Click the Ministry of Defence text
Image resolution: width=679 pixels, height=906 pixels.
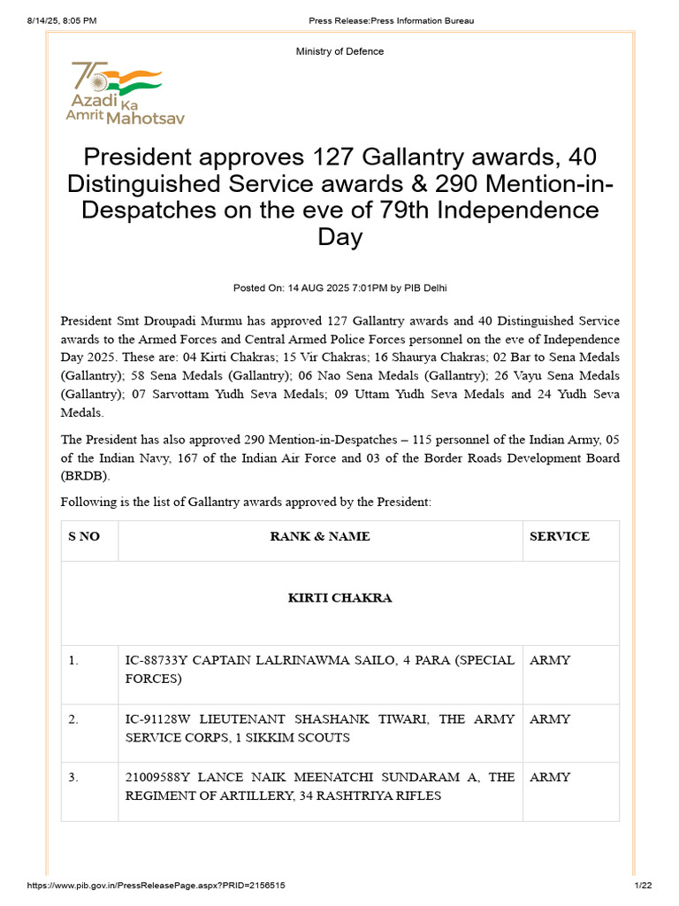tap(339, 51)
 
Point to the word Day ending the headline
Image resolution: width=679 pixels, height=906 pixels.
tap(339, 237)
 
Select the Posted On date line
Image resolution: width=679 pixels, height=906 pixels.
tap(339, 288)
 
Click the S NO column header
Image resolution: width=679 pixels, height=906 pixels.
tap(84, 536)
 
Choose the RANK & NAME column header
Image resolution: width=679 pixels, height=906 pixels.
tap(320, 536)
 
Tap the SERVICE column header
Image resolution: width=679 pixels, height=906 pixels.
tap(559, 536)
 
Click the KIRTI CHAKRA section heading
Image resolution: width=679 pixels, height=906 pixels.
tap(339, 598)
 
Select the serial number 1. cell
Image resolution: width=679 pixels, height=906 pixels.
tap(73, 660)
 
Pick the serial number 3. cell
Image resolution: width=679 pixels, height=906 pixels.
tap(73, 777)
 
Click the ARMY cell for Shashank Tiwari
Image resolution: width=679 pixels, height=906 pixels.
tap(550, 719)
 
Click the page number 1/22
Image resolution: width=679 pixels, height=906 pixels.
tap(642, 886)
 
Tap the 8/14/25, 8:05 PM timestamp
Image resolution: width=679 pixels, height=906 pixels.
tap(54, 20)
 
